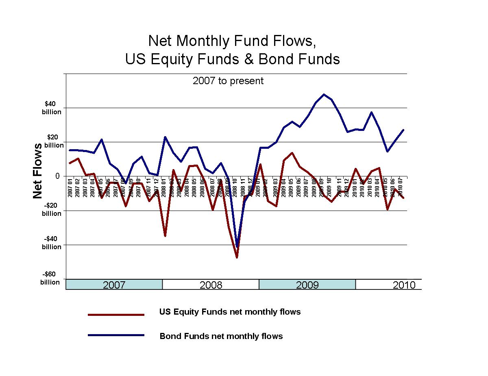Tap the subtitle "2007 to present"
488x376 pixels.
pyautogui.click(x=228, y=81)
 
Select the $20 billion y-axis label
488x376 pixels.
pyautogui.click(x=53, y=141)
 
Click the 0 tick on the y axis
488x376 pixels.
pyautogui.click(x=58, y=176)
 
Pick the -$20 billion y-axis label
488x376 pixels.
pyautogui.click(x=51, y=210)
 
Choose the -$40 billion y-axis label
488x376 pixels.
pyautogui.click(x=51, y=243)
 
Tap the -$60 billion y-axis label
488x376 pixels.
pyautogui.click(x=50, y=278)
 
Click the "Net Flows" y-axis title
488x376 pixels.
pyautogui.click(x=38, y=171)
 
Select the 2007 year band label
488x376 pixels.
pyautogui.click(x=114, y=285)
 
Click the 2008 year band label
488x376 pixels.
pyautogui.click(x=211, y=285)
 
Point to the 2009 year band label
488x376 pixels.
pyautogui.click(x=307, y=285)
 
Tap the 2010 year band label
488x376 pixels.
pyautogui.click(x=404, y=285)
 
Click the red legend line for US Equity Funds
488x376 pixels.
pyautogui.click(x=116, y=314)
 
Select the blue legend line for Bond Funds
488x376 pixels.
pyautogui.click(x=116, y=335)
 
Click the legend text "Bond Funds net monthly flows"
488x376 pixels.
pyautogui.click(x=221, y=336)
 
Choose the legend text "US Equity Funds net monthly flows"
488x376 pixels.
pyautogui.click(x=230, y=312)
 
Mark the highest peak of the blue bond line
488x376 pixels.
pyautogui.click(x=324, y=94)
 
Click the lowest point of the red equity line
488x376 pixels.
pyautogui.click(x=237, y=257)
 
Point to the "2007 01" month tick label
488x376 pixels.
pyautogui.click(x=70, y=188)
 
